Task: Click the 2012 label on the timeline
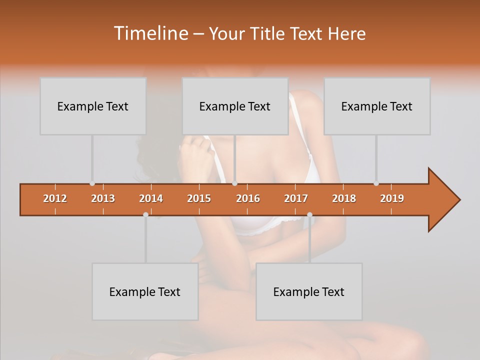(55, 198)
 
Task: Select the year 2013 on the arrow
(103, 198)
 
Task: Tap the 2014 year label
(151, 198)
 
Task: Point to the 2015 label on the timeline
(199, 198)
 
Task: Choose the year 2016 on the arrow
(248, 198)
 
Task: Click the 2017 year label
(296, 198)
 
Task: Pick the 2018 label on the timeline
(344, 198)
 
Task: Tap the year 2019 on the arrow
(392, 198)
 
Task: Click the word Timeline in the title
(150, 33)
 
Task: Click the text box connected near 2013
(93, 106)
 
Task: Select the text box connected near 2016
(235, 106)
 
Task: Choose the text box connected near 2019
(377, 106)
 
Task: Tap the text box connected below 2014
(145, 291)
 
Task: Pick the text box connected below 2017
(309, 291)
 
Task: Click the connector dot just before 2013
(92, 183)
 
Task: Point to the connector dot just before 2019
(376, 183)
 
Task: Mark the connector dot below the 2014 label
(145, 214)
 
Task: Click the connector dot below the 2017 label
(309, 214)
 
